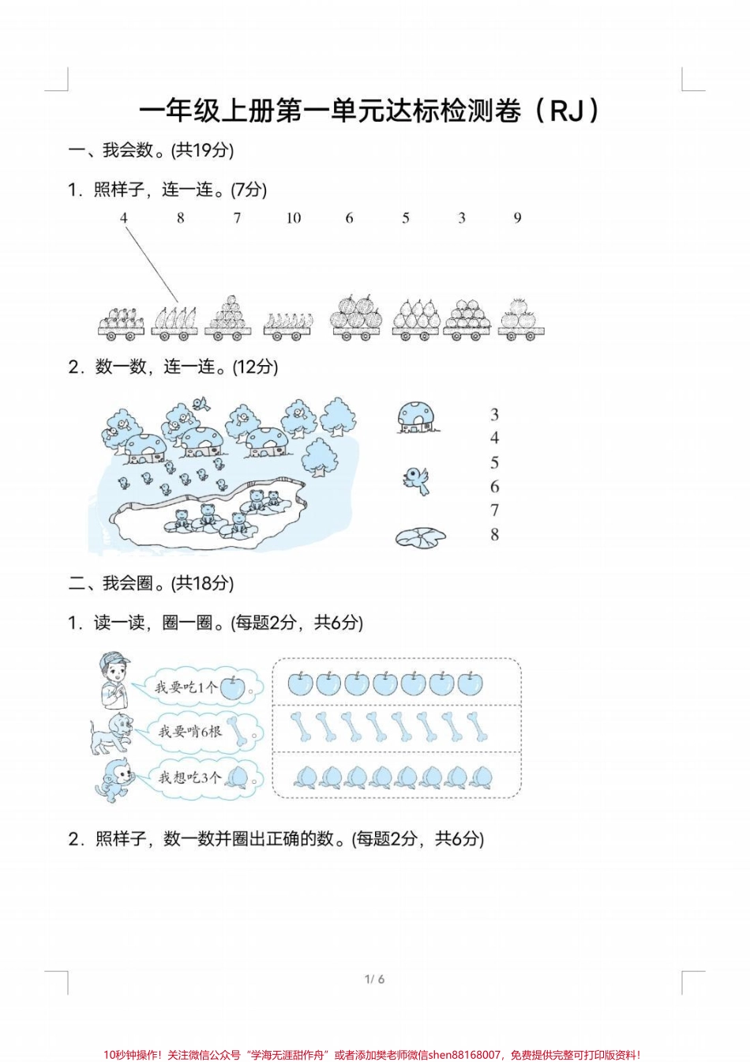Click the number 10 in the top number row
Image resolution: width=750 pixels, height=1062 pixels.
[x=294, y=218]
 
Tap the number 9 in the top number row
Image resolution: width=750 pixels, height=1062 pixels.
[x=518, y=217]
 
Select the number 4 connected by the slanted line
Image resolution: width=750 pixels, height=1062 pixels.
[x=124, y=217]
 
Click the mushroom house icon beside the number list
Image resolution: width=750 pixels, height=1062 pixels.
[x=417, y=417]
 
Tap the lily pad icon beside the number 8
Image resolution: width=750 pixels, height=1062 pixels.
[x=420, y=537]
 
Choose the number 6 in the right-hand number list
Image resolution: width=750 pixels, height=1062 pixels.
[x=495, y=487]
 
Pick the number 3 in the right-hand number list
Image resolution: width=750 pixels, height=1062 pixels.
[x=495, y=415]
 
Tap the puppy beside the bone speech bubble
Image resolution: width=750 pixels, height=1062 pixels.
[x=108, y=732]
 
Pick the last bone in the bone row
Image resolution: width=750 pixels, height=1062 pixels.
[x=476, y=726]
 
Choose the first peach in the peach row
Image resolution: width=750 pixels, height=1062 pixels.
[x=304, y=776]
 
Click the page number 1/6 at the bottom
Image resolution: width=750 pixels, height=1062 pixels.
[x=375, y=979]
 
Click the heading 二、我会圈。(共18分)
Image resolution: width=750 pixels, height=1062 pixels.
[x=152, y=583]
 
